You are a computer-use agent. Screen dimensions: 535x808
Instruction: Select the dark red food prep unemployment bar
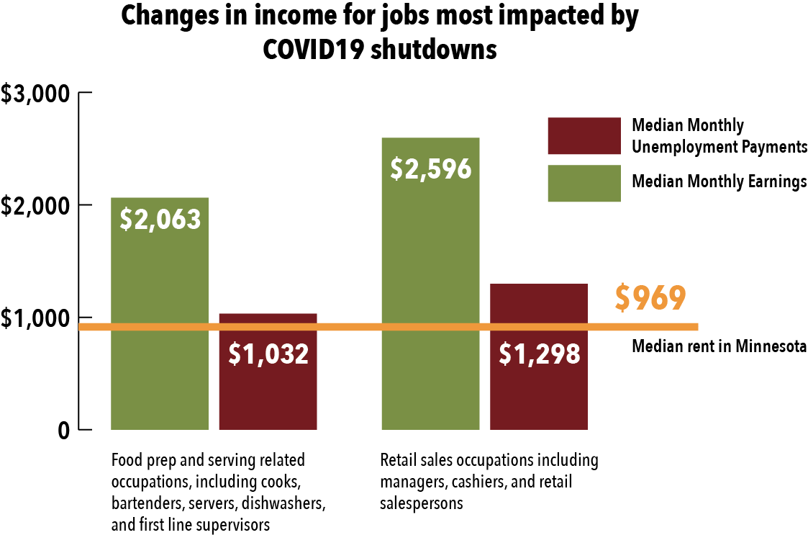268,389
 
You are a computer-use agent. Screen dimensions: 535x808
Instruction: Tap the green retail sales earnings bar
430,302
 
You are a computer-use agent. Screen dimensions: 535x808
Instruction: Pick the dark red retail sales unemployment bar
538,389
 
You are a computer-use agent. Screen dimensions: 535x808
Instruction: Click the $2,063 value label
160,219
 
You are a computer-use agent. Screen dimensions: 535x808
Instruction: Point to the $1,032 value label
268,354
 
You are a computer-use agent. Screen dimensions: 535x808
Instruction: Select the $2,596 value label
430,168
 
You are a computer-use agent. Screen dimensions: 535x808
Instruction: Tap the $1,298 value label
539,354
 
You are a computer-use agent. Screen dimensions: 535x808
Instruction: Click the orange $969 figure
650,299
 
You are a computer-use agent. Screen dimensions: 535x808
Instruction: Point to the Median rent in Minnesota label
719,347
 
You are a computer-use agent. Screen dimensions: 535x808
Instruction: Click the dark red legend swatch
584,135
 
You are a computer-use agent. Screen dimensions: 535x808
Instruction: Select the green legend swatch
584,183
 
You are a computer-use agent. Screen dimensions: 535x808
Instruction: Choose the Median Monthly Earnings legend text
719,182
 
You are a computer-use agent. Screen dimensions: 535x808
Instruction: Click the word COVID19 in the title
314,49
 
